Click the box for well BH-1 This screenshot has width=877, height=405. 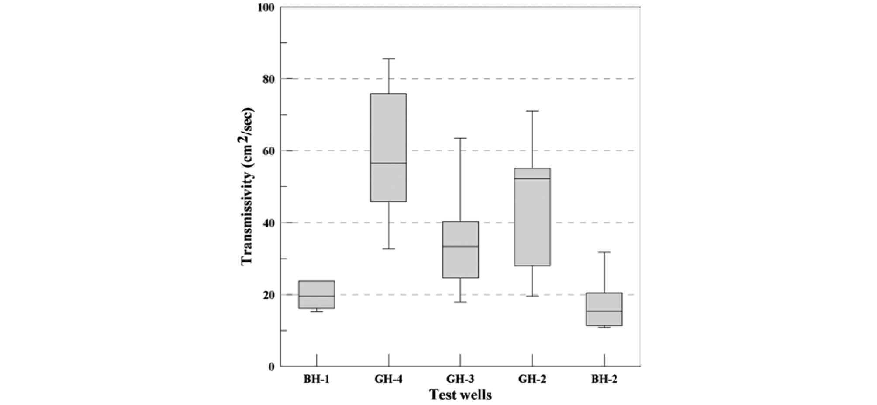[x=316, y=294]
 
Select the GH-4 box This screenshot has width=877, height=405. [x=388, y=147]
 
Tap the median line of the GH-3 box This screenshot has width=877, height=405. [x=460, y=246]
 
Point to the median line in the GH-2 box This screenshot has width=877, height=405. [x=532, y=178]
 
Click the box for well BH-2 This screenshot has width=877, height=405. [x=604, y=309]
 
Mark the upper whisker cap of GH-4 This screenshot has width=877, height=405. [x=388, y=59]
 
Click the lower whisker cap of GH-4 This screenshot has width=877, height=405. [x=388, y=248]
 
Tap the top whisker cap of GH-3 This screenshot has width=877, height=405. [x=460, y=138]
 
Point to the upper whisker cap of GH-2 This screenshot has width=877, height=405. [x=532, y=111]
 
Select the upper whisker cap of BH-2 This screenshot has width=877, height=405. [x=604, y=252]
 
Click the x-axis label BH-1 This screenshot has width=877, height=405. [x=316, y=379]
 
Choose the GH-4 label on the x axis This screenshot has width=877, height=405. [x=388, y=379]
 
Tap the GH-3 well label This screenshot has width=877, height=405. [x=460, y=379]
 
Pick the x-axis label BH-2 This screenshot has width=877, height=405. [x=604, y=379]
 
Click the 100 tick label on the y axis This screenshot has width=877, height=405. [x=265, y=7]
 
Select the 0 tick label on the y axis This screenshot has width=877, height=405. [x=271, y=367]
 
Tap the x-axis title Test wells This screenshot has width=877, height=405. [x=460, y=395]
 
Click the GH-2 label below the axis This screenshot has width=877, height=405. [x=532, y=379]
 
